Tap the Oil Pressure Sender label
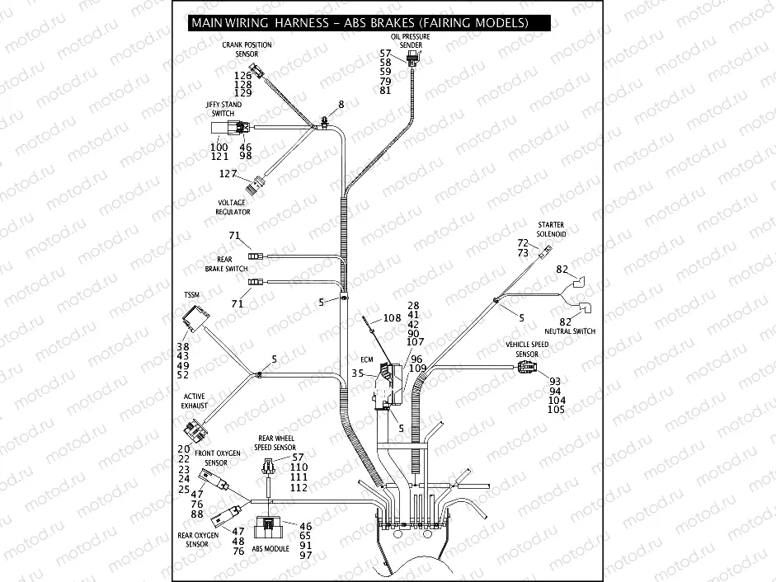coord(416,41)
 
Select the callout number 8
coord(340,105)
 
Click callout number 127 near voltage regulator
coord(228,174)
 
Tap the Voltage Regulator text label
coord(233,207)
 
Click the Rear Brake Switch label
coord(225,264)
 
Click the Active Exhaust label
coord(194,401)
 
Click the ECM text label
coord(369,359)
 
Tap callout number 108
coord(392,317)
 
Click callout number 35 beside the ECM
coord(357,373)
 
